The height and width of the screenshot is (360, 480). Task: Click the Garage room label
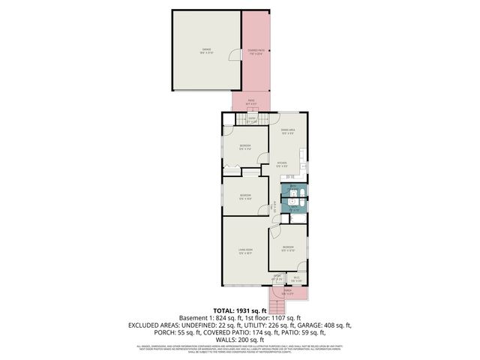[205, 51]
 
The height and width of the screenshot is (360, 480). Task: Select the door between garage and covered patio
[240, 55]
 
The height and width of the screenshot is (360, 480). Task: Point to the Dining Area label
[287, 130]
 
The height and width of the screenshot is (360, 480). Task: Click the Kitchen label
[282, 163]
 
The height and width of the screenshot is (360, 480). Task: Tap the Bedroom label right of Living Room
[288, 247]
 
